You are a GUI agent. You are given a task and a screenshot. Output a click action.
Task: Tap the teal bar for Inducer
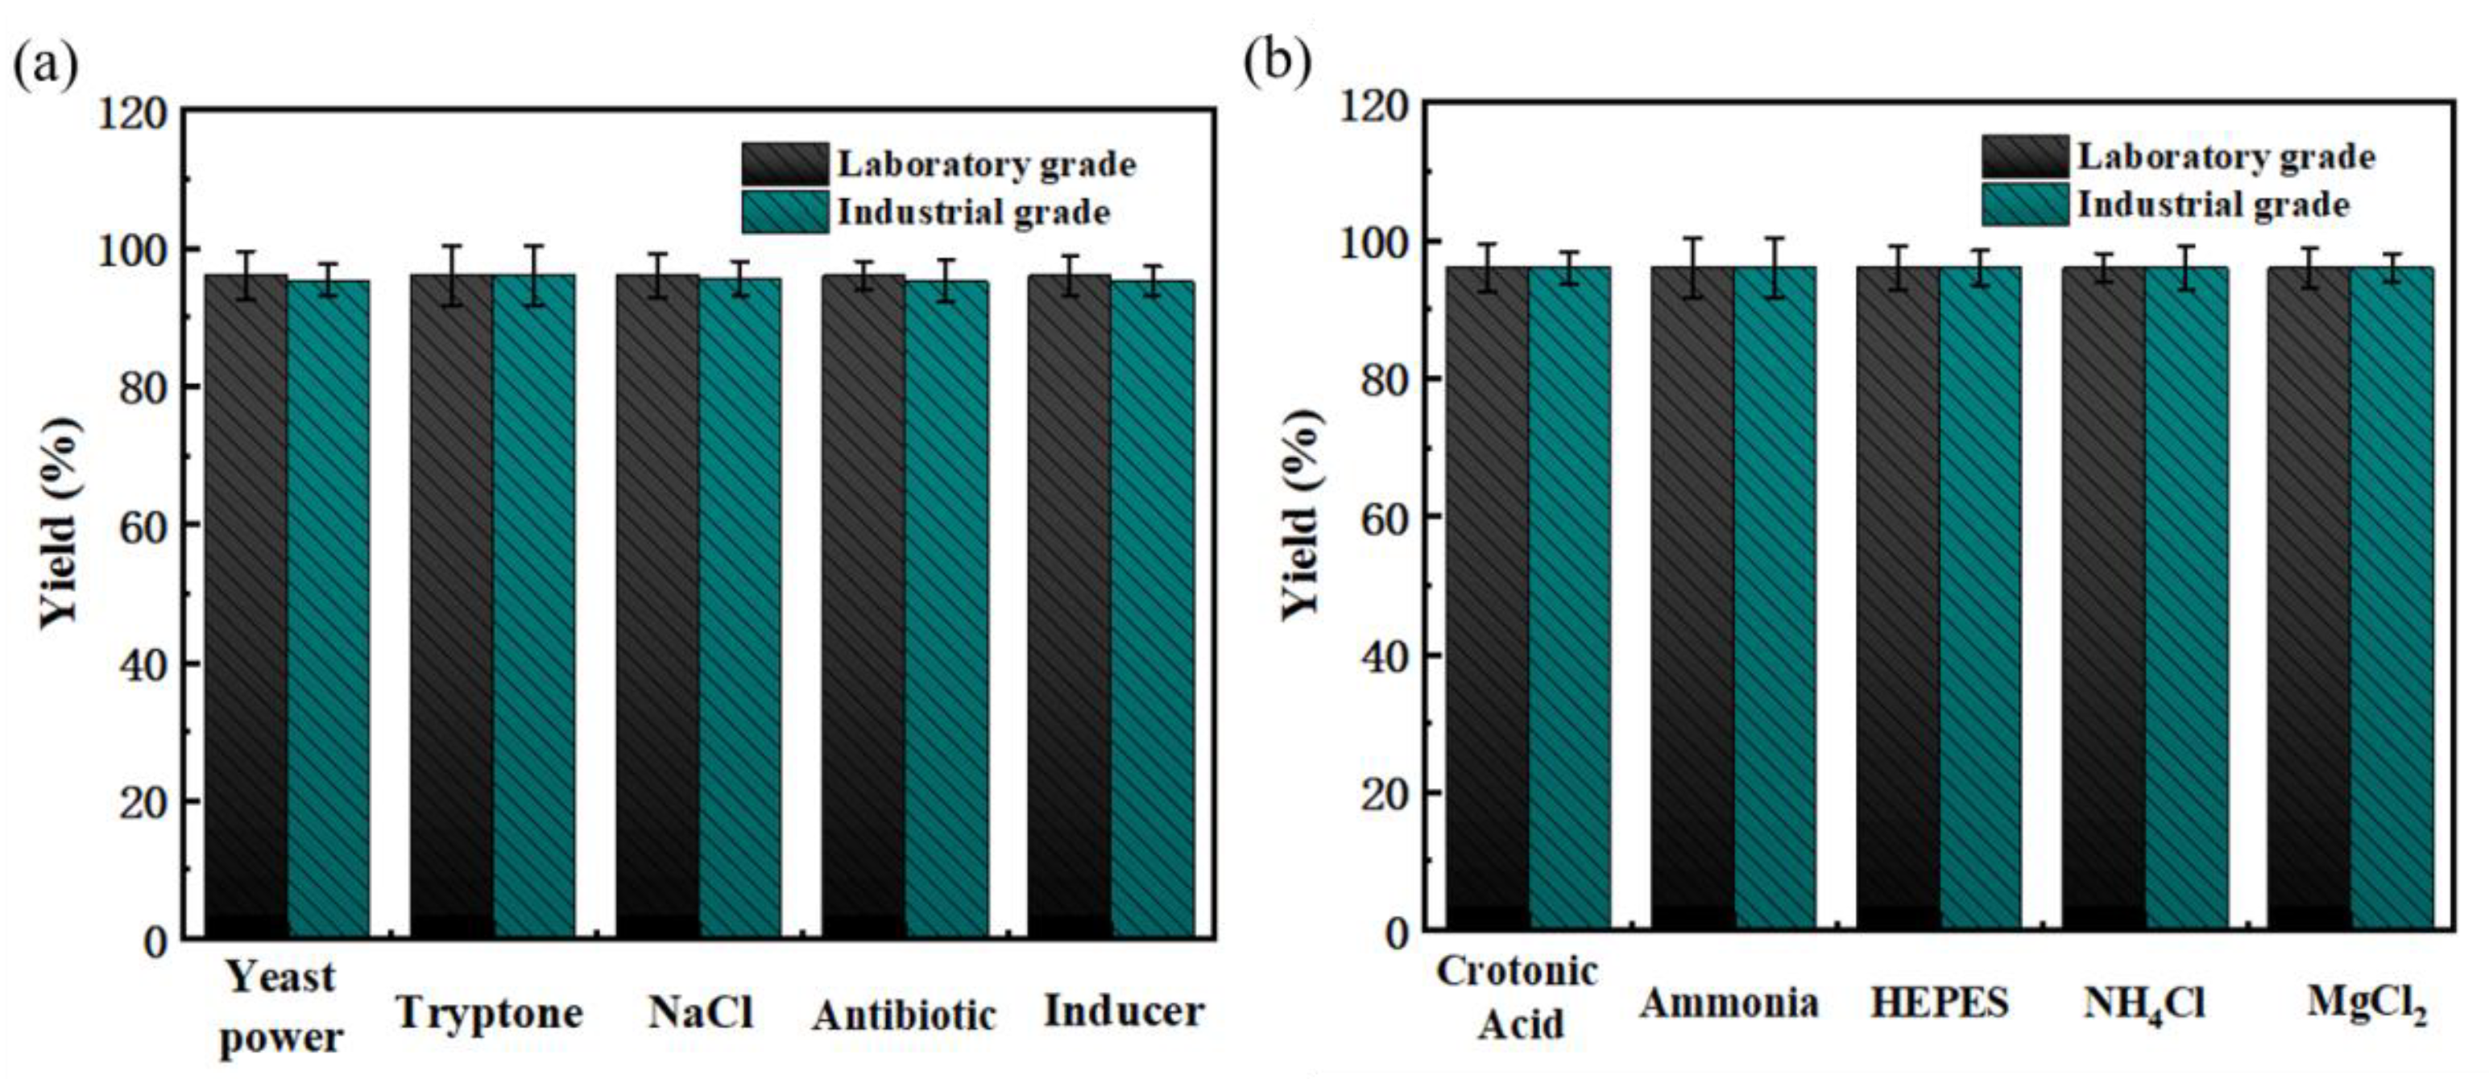coord(1152,609)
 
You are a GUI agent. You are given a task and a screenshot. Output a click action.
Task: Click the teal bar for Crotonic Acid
coord(1569,599)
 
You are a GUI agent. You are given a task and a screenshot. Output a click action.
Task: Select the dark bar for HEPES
coord(1898,599)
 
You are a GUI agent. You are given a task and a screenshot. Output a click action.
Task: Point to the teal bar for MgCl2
coord(2392,599)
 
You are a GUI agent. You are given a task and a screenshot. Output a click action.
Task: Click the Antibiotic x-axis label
coord(904,1015)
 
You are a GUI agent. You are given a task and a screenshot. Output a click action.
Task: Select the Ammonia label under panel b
coord(1729,1003)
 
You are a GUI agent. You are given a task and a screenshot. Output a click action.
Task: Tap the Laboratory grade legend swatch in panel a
coord(785,163)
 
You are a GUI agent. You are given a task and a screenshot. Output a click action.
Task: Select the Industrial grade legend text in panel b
coord(2214,205)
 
